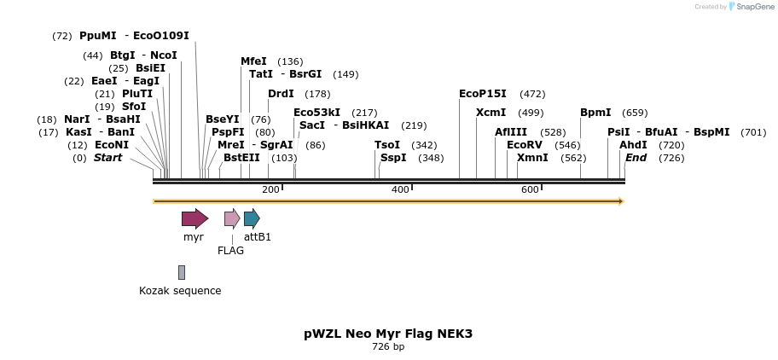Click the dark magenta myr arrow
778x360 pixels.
click(194, 218)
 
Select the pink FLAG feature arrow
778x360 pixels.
click(232, 218)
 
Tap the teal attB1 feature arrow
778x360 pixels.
click(251, 218)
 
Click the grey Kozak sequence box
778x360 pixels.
click(182, 272)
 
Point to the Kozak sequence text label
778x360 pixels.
click(180, 291)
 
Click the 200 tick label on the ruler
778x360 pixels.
click(270, 189)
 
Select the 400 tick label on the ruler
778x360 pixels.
click(400, 189)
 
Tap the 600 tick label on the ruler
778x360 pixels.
click(530, 189)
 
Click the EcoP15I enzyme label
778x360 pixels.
click(482, 94)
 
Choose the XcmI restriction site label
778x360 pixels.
click(491, 113)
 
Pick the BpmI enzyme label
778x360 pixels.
click(595, 113)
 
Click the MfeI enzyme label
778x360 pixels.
click(253, 61)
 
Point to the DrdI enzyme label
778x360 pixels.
click(281, 94)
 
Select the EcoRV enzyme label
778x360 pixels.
click(524, 145)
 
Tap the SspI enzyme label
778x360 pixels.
click(393, 158)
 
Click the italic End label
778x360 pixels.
click(636, 158)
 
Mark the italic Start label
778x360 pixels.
click(107, 158)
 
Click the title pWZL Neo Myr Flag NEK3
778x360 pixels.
click(388, 334)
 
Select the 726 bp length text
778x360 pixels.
click(388, 347)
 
